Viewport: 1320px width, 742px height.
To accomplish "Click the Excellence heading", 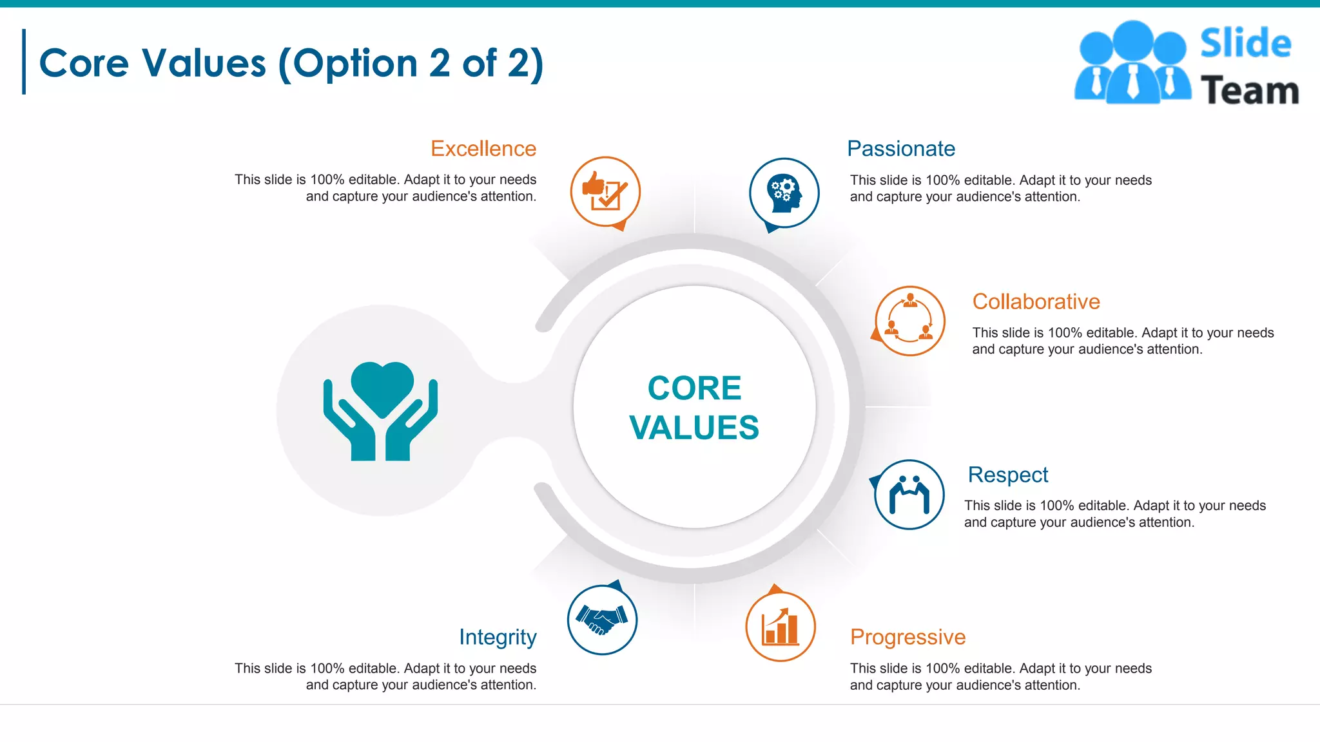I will point(483,149).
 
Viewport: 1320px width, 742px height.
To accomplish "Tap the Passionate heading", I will point(900,149).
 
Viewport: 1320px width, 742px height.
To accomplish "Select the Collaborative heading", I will point(1036,301).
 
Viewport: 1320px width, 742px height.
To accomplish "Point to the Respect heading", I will point(1007,475).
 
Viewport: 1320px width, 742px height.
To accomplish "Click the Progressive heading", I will point(907,637).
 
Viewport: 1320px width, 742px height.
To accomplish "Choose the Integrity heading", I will point(498,637).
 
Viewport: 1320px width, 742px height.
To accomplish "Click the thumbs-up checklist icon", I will point(605,191).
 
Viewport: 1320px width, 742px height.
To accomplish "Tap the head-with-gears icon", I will point(784,193).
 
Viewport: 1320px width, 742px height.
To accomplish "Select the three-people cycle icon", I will point(909,321).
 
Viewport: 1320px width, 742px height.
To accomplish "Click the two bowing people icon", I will point(909,495).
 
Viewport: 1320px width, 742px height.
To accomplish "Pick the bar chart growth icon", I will point(780,627).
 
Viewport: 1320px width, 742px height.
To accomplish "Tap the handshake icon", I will point(602,620).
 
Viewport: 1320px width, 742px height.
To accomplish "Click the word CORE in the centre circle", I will point(694,388).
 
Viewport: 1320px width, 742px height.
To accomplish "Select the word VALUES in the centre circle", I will point(694,428).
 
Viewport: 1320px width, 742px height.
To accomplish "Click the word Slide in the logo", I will point(1245,44).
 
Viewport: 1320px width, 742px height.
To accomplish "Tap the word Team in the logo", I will point(1249,90).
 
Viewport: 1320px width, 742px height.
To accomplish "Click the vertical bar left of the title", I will point(24,62).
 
